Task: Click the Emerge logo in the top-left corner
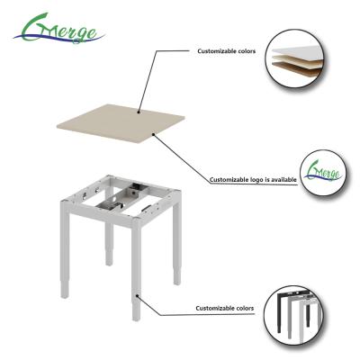(x=58, y=29)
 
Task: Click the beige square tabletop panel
(x=121, y=123)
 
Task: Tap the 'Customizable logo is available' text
(x=253, y=180)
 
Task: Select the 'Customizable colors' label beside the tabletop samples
(x=226, y=51)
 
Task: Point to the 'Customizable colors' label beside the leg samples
(x=225, y=308)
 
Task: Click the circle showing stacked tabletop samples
(x=295, y=58)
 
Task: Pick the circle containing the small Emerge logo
(x=323, y=173)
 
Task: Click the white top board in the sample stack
(x=298, y=51)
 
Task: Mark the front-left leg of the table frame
(x=65, y=249)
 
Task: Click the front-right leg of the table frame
(x=136, y=270)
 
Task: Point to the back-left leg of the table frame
(x=109, y=244)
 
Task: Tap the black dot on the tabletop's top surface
(x=139, y=112)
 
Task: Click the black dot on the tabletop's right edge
(x=153, y=134)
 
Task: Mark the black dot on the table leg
(x=137, y=295)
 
